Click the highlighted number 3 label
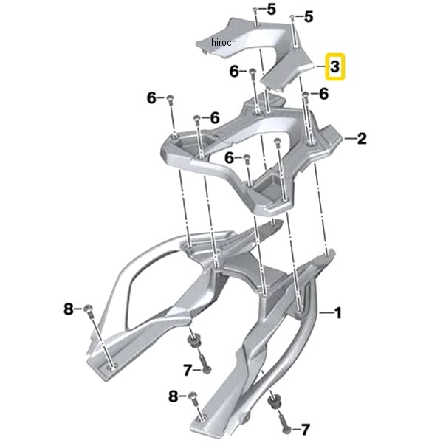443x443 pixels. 334,67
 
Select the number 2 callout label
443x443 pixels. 362,139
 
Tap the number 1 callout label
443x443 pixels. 338,313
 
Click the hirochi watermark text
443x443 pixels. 225,42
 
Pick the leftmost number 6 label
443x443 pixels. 151,98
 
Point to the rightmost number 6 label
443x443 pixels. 324,94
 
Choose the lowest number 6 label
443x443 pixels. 229,158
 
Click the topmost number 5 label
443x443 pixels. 271,10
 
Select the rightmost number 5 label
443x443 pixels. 309,17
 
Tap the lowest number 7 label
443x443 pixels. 306,430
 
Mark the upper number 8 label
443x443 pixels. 69,309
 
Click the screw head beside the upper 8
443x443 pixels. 88,309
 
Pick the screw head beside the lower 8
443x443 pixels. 192,396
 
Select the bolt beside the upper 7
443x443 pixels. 205,362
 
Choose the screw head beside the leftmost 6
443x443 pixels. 170,98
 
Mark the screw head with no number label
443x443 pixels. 277,140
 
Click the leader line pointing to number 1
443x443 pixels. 326,313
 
